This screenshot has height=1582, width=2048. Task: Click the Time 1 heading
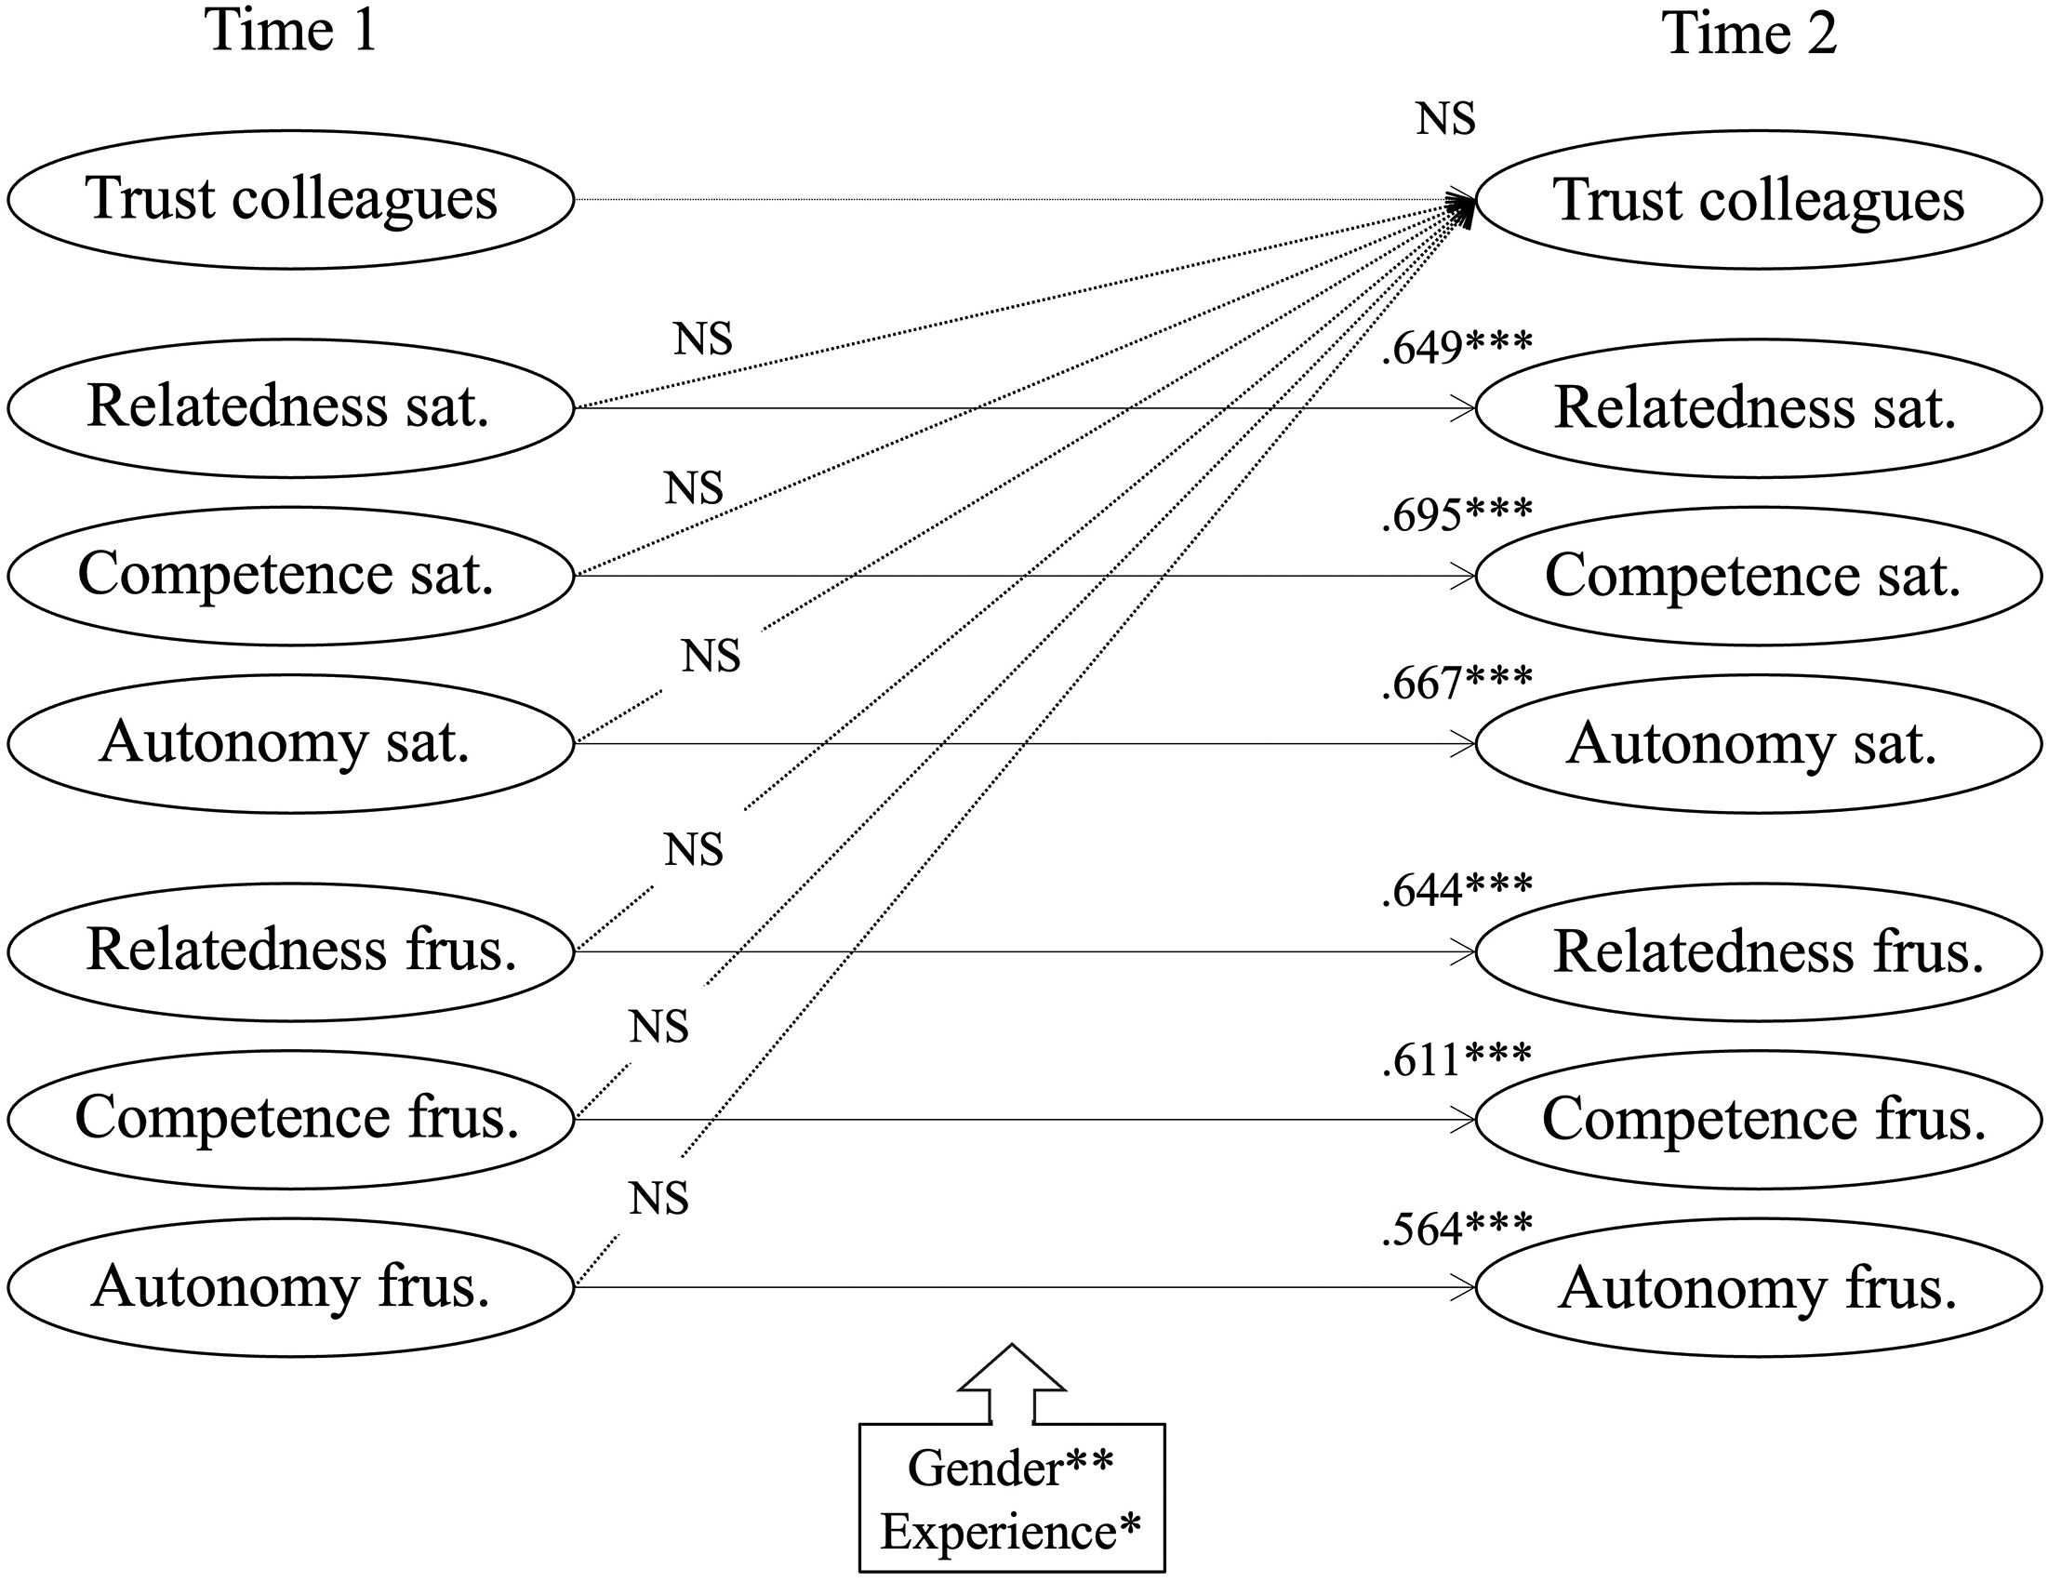point(291,30)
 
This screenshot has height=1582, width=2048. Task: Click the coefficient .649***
point(1457,348)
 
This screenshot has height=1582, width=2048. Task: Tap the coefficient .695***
point(1457,515)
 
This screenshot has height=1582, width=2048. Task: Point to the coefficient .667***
point(1457,683)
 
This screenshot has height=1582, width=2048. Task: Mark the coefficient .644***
point(1457,890)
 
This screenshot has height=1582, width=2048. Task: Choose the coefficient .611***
point(1457,1058)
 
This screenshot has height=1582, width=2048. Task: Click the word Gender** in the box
point(1011,1469)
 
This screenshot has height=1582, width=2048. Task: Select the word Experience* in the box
point(1011,1533)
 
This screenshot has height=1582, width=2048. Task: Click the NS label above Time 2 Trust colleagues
point(1446,119)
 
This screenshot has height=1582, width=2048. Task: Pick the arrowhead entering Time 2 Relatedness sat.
point(1463,409)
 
